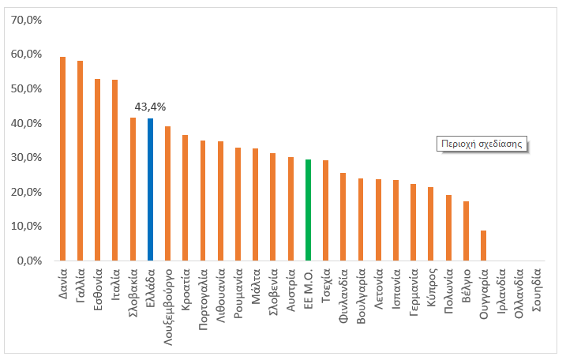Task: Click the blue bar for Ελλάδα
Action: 150,189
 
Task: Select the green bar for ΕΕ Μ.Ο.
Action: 309,210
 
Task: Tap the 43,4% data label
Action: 150,107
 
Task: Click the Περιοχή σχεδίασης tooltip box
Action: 482,144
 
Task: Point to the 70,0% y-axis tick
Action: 26,20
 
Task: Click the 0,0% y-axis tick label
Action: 29,261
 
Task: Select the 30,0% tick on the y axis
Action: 26,157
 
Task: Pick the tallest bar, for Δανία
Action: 63,159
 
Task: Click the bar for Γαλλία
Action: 81,161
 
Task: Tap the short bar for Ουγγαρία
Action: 484,246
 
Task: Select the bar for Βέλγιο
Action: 466,231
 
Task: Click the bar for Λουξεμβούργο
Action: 167,193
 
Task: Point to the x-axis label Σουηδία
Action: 537,290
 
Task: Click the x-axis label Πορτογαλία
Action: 203,299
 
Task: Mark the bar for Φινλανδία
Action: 343,216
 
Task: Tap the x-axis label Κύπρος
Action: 431,287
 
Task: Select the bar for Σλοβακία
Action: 133,189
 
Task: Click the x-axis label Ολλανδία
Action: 519,293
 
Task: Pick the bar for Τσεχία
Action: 325,211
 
